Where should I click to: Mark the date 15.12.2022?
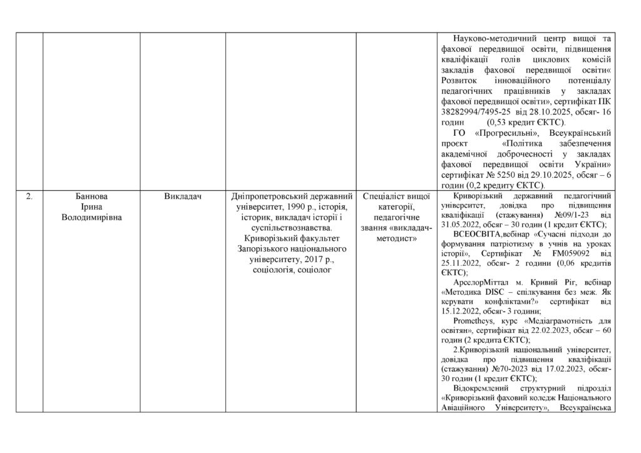(x=463, y=310)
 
